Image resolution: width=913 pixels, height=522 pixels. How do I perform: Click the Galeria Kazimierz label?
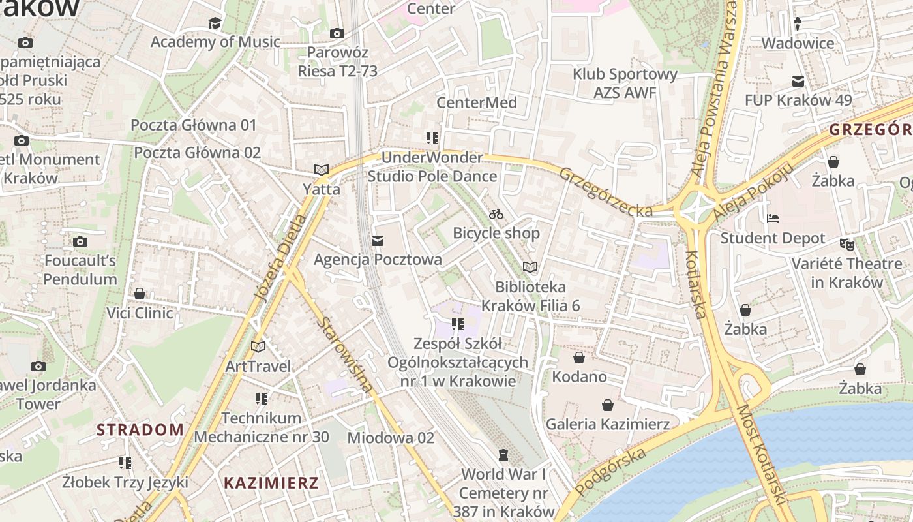[x=607, y=424]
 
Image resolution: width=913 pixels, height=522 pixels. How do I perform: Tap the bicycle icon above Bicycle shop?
[x=496, y=214]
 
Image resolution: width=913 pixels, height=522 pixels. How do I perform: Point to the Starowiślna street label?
[x=346, y=355]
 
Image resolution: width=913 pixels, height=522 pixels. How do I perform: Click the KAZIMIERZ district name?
[x=271, y=484]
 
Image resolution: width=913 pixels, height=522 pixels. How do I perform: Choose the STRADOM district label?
[x=140, y=429]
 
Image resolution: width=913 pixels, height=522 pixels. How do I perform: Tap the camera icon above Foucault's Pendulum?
[x=80, y=242]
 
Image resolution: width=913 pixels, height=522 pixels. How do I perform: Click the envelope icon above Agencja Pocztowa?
[x=377, y=241]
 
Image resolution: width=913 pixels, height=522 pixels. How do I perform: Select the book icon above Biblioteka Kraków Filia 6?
[x=530, y=268]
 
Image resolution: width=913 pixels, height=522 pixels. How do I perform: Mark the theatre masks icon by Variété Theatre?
[x=846, y=245]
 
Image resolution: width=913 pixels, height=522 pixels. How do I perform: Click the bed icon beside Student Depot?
[x=773, y=219]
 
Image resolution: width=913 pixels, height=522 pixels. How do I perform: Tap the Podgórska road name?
[x=611, y=472]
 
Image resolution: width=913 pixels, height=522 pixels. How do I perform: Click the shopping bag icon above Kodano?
[x=578, y=358]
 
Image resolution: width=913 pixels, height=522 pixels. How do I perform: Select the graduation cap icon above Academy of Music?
[x=215, y=23]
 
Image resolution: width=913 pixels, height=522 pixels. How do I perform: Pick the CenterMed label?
[x=477, y=102]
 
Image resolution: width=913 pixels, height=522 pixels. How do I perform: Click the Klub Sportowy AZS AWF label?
[x=625, y=83]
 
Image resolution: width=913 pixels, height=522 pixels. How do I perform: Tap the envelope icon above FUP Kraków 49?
[x=798, y=82]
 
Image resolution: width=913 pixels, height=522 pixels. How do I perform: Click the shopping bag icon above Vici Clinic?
[x=139, y=294]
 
